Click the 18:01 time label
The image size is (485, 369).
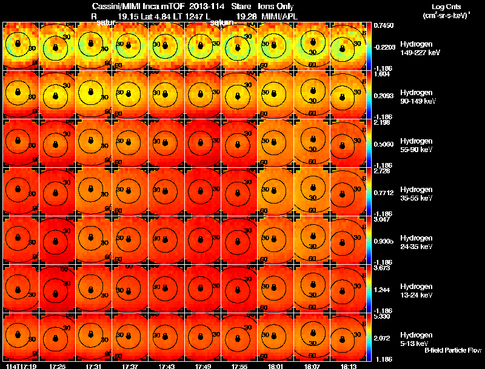276,366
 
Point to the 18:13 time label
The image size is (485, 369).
349,366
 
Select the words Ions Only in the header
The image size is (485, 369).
278,5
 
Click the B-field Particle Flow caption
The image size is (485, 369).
452,351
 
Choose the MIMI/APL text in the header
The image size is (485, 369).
279,15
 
